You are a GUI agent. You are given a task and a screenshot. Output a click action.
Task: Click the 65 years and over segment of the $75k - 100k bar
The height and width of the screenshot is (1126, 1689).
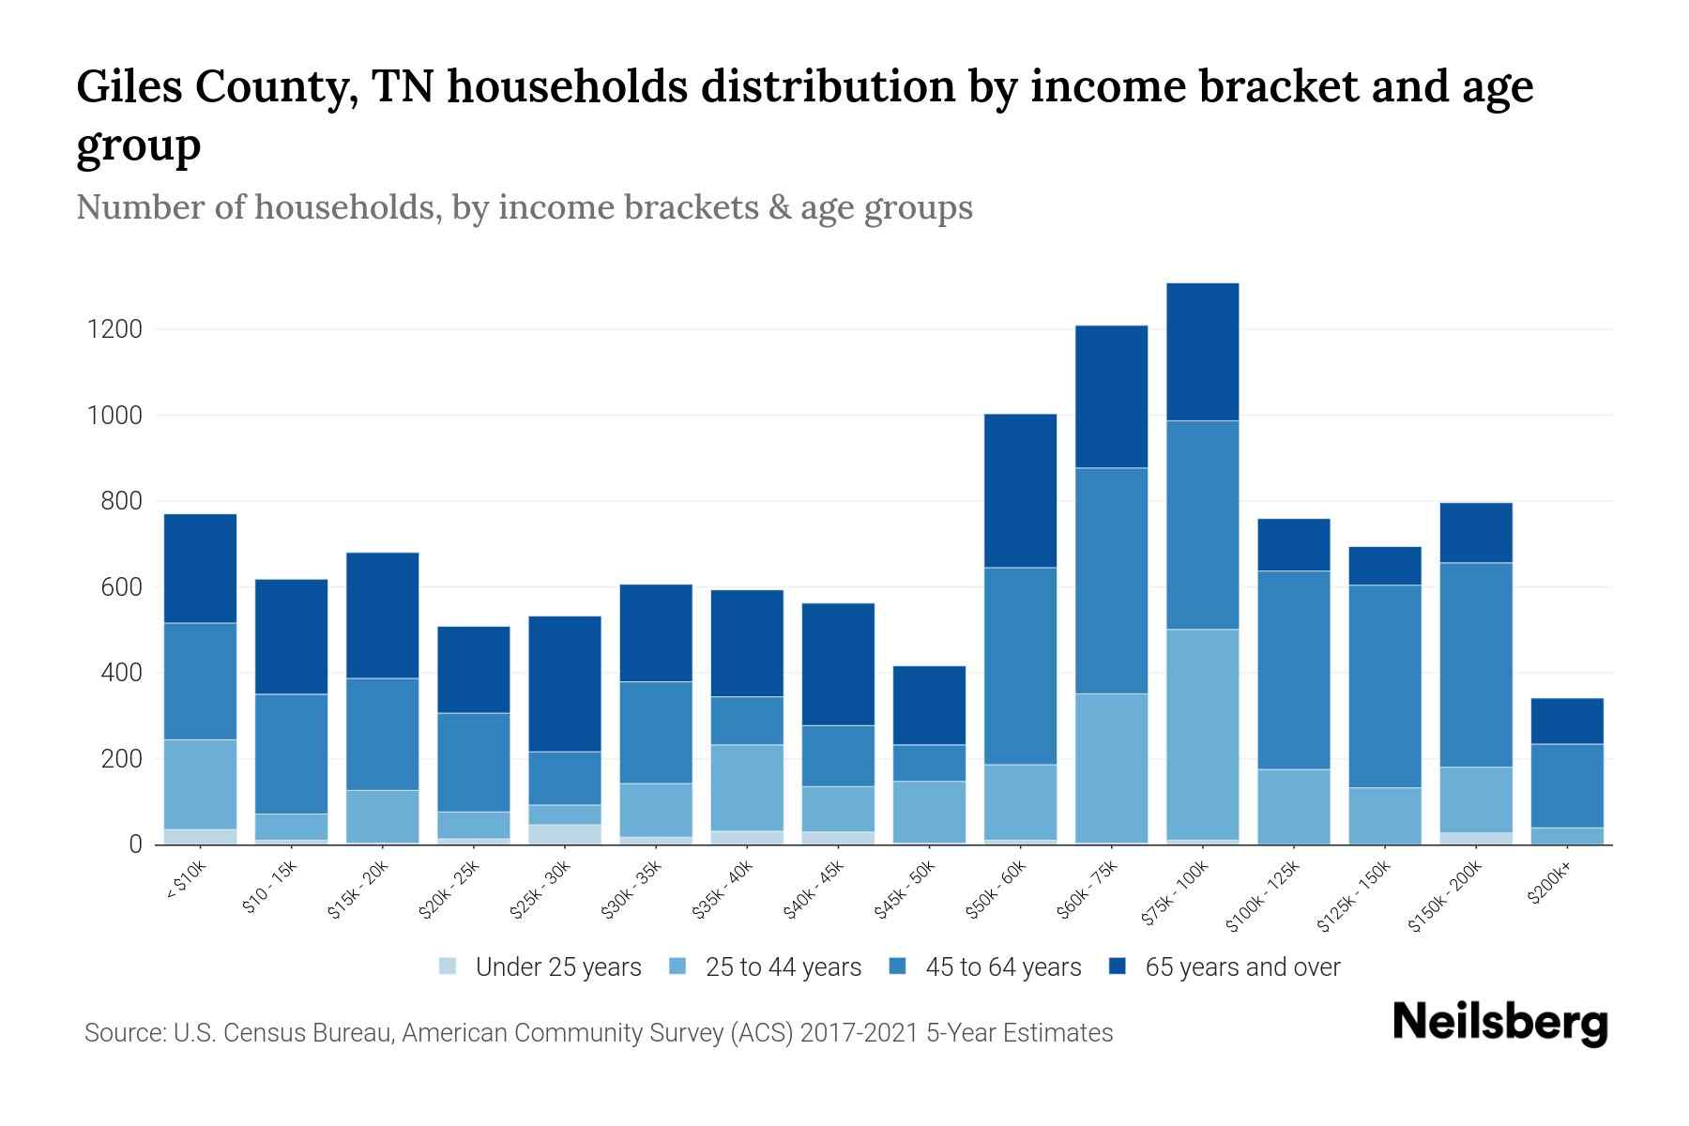(1202, 352)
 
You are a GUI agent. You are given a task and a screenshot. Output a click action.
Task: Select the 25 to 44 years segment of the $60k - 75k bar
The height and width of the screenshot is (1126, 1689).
(1111, 768)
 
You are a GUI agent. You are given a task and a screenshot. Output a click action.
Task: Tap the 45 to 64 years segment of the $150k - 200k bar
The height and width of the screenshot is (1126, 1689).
(1476, 664)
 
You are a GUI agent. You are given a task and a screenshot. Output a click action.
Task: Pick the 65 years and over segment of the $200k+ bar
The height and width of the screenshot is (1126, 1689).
(1567, 721)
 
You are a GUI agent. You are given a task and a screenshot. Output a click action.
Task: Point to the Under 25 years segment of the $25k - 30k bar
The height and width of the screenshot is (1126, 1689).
(565, 834)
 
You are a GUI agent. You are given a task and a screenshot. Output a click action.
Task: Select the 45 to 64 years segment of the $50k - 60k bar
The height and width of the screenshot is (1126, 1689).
(1020, 665)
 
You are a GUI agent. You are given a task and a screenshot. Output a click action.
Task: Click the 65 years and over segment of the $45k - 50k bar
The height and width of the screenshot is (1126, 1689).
(929, 705)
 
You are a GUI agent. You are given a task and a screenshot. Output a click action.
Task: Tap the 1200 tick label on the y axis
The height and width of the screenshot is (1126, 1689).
(114, 329)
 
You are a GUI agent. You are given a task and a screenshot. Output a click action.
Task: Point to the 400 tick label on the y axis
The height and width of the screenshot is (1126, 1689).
(122, 673)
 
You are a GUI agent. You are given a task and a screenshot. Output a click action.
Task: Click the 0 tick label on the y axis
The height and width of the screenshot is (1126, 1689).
(135, 844)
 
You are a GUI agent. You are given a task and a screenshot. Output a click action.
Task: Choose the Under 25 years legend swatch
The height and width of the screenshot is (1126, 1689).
(449, 966)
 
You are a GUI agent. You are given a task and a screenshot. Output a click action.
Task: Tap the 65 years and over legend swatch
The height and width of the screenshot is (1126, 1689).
(1118, 966)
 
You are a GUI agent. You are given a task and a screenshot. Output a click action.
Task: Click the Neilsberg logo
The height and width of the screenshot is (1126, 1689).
(1499, 1023)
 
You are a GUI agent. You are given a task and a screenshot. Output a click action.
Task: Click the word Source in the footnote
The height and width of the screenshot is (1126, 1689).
(124, 1033)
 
